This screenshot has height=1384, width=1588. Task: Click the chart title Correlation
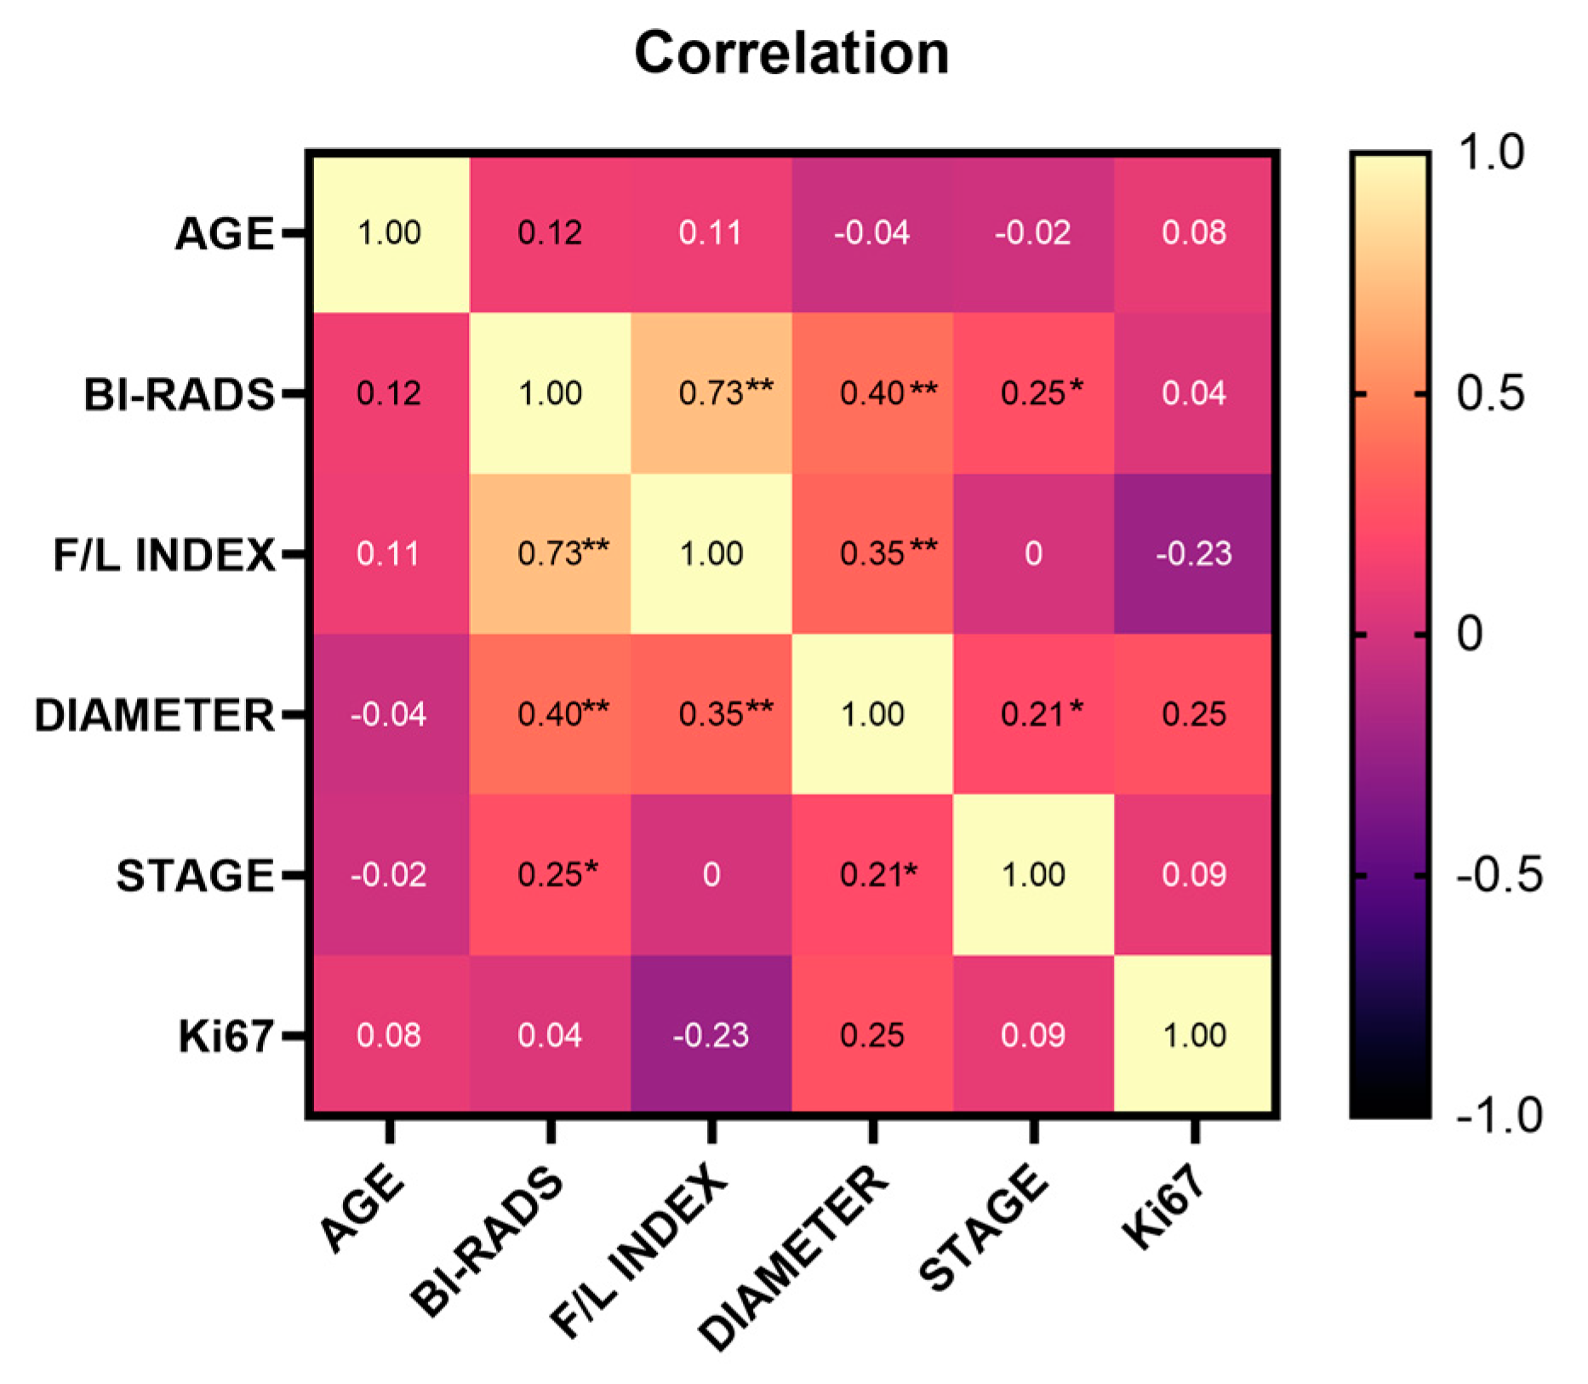tap(791, 54)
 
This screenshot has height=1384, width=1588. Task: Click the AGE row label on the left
tap(225, 233)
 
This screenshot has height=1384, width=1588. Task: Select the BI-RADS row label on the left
tap(179, 394)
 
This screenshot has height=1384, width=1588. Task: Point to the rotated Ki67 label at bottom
tap(1163, 1208)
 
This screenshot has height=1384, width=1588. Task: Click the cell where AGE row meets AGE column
tap(389, 233)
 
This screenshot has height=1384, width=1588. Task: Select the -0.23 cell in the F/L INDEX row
tap(1194, 554)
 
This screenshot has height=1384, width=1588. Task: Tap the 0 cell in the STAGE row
tap(711, 875)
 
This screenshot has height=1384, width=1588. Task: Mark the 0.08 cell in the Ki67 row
tap(389, 1036)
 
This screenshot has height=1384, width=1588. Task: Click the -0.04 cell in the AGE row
tap(872, 233)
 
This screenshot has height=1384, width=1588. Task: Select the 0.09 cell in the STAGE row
tap(1194, 875)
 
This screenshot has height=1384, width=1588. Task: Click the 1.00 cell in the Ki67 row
tap(1194, 1036)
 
